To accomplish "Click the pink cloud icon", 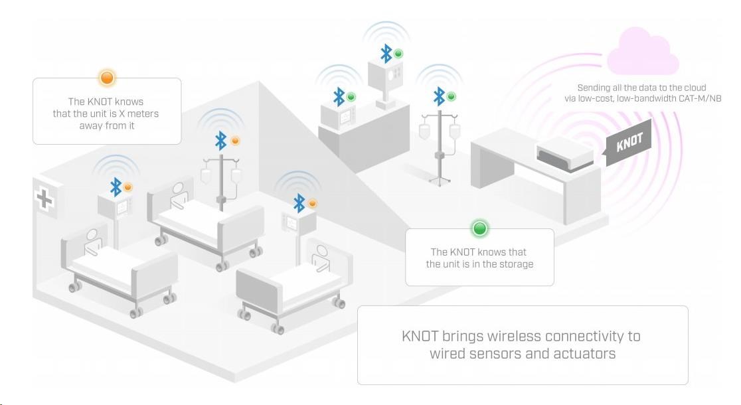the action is pos(643,52).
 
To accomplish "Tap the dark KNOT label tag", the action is pos(629,142).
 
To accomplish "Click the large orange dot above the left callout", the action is pos(108,78).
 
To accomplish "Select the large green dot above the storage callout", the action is pos(479,229).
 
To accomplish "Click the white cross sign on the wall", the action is pos(44,199).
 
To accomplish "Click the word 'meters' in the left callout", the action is pos(143,114).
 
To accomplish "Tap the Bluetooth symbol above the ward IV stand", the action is pos(220,140).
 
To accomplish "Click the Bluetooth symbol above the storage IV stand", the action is pos(439,96).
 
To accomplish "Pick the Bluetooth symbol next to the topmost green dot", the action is pos(386,53).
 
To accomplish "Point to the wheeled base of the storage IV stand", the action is pos(440,179).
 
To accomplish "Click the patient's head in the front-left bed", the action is pos(93,235).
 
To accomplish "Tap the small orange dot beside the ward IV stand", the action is pos(235,140).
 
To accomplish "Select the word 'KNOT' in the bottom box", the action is pos(420,336).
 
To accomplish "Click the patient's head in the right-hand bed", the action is pos(322,252).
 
